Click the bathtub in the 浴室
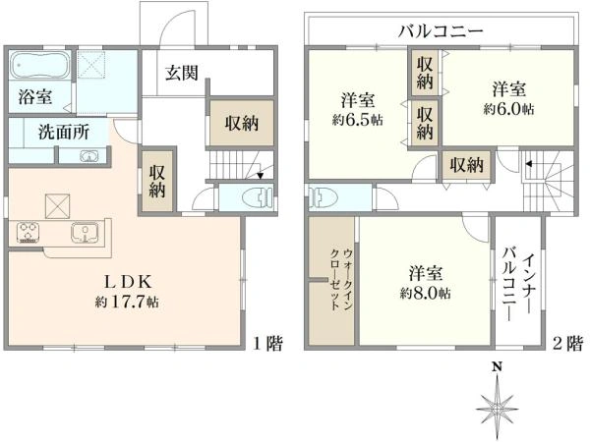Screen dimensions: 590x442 [x=39, y=65]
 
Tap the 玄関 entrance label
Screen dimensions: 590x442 [x=182, y=73]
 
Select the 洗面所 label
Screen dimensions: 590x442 [x=64, y=132]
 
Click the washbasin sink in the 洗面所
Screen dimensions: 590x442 [x=88, y=156]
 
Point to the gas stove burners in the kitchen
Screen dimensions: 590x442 [x=29, y=232]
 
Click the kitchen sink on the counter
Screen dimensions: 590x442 [x=85, y=233]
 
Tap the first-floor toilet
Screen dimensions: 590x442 [x=258, y=197]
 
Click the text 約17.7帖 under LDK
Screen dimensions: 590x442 [x=127, y=303]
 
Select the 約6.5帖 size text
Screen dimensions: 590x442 [x=358, y=120]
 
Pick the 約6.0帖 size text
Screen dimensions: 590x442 [x=508, y=109]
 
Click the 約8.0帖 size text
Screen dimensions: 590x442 [x=425, y=293]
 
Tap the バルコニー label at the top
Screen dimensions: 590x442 [x=441, y=31]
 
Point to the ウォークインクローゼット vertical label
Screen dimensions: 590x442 [x=341, y=279]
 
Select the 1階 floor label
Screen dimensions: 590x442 [x=267, y=343]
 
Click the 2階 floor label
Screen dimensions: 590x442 [x=567, y=343]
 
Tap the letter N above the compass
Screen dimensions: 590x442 [x=498, y=366]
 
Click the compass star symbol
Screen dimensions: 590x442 [x=497, y=408]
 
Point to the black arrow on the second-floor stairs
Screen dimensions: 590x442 [x=529, y=164]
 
